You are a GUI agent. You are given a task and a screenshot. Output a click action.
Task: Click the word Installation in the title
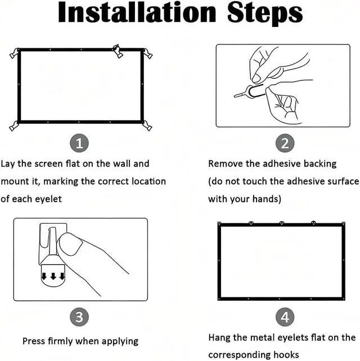[137, 12]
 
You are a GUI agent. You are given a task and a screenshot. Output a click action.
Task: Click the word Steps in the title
[265, 14]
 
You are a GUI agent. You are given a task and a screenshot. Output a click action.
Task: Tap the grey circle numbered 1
[79, 143]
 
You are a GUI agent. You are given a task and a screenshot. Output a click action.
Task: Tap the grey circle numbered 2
[285, 143]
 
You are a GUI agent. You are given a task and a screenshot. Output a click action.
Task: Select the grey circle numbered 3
[79, 317]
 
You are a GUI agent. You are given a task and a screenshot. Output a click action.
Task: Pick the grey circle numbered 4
[285, 317]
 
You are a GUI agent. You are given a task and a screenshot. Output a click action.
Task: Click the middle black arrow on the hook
[53, 276]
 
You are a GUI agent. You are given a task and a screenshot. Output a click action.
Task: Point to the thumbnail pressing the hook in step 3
[70, 244]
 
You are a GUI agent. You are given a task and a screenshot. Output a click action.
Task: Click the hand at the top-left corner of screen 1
[14, 53]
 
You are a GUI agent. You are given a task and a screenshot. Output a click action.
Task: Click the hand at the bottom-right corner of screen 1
[147, 126]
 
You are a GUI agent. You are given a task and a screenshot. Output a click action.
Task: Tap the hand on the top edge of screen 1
[118, 51]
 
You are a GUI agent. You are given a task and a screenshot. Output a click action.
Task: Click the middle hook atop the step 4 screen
[282, 223]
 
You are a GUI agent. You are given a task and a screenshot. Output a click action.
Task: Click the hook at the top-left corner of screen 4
[219, 224]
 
